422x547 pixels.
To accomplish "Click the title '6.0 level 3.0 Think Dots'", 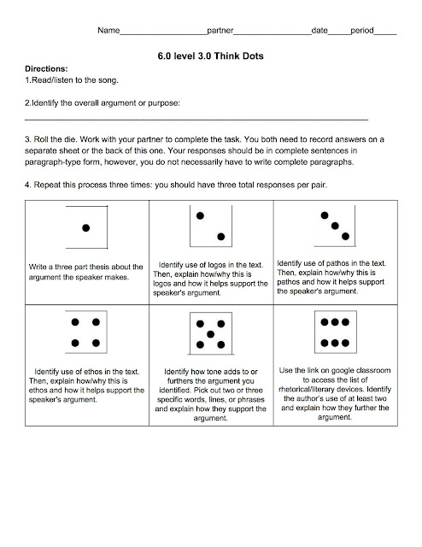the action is tap(210, 56).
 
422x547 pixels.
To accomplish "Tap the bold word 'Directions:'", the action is tap(46, 68).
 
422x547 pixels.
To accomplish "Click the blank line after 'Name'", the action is tap(163, 34).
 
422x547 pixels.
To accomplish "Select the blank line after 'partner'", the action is tap(273, 34).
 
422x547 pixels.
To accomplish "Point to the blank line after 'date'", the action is tap(339, 34).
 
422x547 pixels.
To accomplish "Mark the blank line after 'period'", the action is tap(385, 34).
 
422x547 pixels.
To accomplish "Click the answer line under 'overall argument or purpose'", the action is tap(196, 120).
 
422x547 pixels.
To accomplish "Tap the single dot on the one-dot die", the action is tap(85, 228).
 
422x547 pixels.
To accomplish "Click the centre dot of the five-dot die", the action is tap(210, 334).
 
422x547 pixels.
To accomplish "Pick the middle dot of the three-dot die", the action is tap(335, 226).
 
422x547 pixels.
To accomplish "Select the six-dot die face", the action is tap(335, 332).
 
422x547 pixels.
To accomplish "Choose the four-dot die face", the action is tap(85, 332).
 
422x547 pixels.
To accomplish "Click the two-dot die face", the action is tap(211, 226).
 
